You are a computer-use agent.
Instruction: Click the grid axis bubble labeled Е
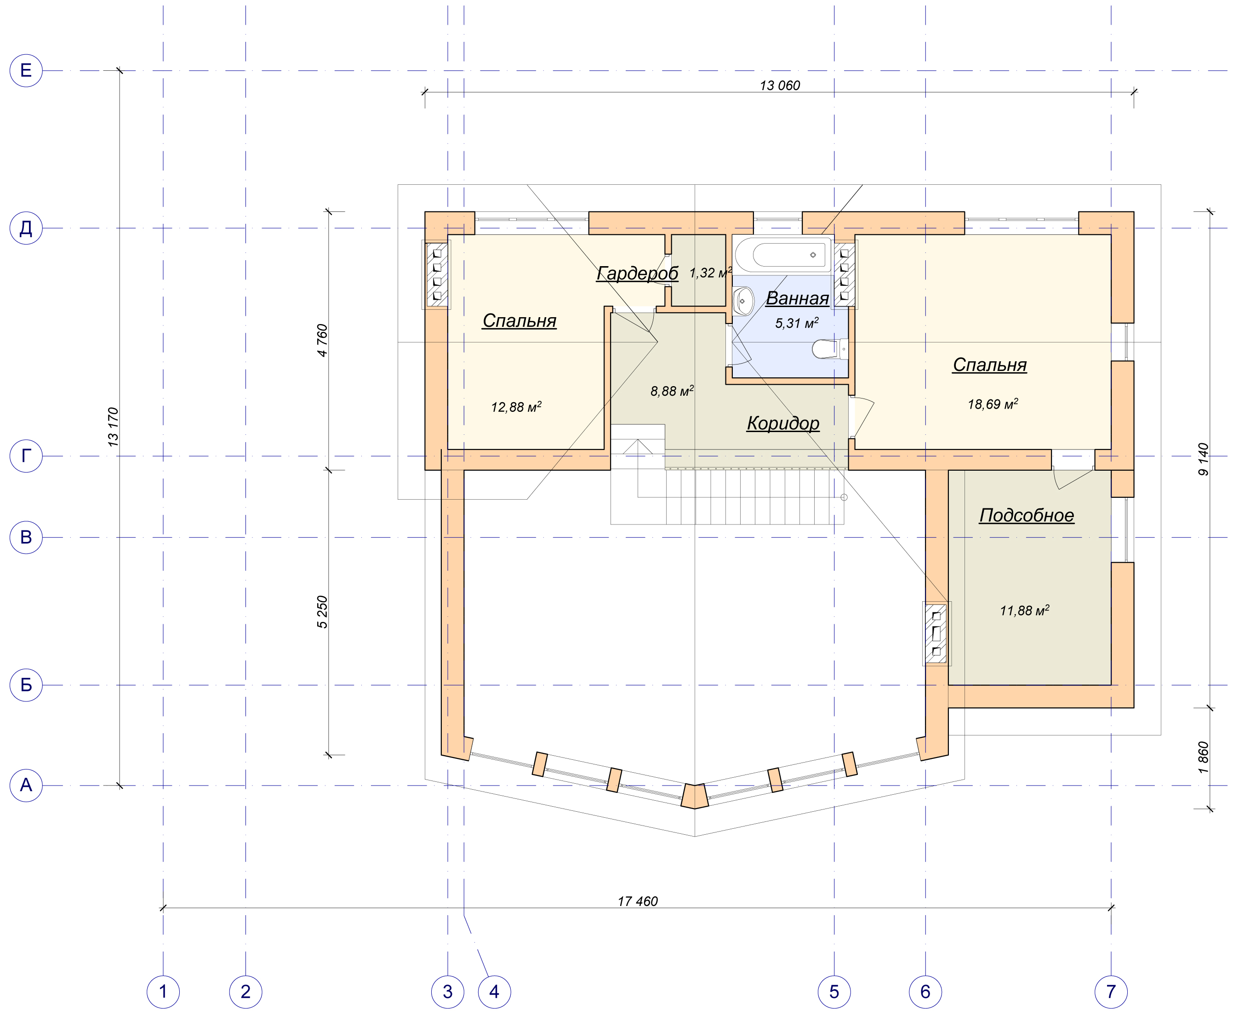pos(26,71)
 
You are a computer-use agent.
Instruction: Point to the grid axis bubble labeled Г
pos(26,456)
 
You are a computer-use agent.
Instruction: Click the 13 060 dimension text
pos(780,86)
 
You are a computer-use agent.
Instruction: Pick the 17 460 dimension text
pos(638,901)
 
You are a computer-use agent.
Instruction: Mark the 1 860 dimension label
pos(1203,758)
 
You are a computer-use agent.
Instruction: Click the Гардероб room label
pos(637,273)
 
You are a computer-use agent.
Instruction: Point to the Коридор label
pos(783,423)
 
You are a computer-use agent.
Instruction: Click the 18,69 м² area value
pos(993,404)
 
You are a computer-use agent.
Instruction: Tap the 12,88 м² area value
pos(516,406)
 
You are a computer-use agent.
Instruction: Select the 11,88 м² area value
pos(1024,610)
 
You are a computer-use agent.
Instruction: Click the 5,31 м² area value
pos(797,323)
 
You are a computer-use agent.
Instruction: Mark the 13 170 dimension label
pos(113,427)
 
